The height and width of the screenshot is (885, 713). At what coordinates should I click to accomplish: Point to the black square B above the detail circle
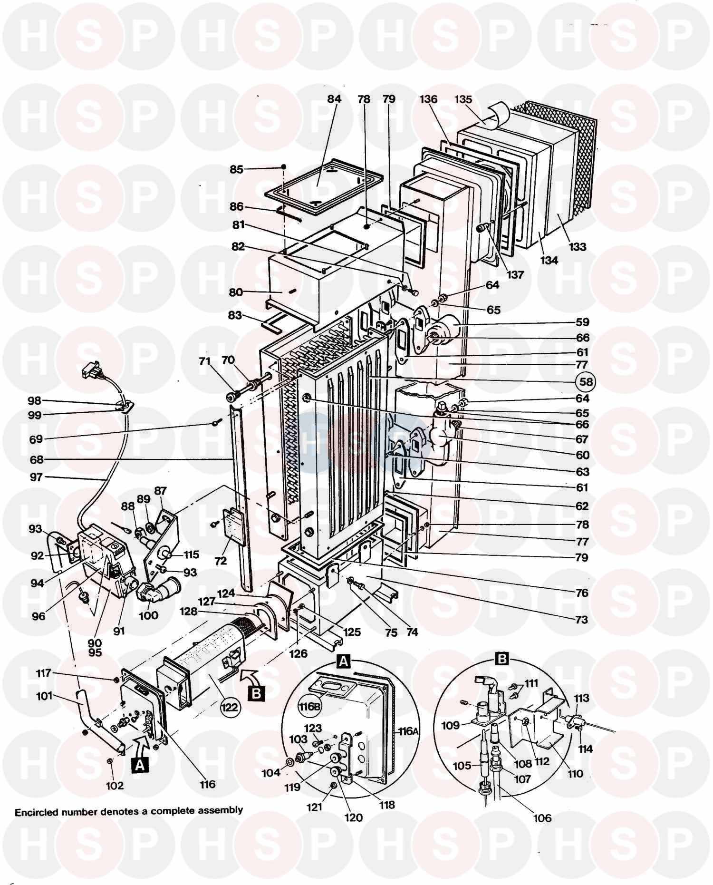502,659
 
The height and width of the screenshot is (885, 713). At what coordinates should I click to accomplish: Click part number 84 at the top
334,99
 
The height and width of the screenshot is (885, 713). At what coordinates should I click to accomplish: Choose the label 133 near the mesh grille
578,247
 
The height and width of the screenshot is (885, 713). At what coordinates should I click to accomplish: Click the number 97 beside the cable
36,477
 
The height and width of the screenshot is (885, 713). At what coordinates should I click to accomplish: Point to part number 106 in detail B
542,818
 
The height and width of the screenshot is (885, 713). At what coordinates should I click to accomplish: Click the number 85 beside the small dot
237,169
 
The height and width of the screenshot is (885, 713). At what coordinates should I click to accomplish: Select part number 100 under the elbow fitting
148,615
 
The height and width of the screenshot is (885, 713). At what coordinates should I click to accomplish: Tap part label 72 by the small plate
220,561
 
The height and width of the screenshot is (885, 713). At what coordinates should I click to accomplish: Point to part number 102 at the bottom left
114,786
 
